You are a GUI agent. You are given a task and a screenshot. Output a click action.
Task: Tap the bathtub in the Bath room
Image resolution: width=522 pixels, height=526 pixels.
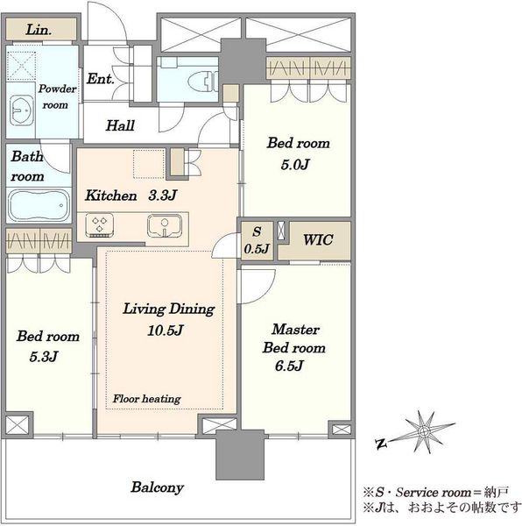coord(39,205)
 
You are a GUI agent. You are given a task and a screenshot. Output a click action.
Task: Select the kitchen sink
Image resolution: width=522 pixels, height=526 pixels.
coord(165,225)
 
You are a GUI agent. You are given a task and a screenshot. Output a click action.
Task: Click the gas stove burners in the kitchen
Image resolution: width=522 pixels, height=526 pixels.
coord(99,224)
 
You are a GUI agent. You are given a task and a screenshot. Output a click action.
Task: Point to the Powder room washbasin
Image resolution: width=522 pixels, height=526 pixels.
coord(21,110)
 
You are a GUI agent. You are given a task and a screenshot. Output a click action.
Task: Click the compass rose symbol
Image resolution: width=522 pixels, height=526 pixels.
coord(424,430)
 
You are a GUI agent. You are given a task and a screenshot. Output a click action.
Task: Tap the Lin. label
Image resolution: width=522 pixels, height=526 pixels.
coord(39,30)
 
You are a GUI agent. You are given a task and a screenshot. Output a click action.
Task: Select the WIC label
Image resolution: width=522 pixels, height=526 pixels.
coord(318,240)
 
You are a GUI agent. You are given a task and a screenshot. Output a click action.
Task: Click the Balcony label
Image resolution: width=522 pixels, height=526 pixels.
coord(157,487)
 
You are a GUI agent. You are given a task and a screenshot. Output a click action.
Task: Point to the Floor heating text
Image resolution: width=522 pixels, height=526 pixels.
coord(147,399)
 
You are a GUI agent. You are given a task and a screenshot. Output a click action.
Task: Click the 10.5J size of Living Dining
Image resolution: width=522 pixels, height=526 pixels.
coord(166,331)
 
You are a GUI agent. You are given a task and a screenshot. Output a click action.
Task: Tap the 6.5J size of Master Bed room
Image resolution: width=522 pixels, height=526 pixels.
coord(289,366)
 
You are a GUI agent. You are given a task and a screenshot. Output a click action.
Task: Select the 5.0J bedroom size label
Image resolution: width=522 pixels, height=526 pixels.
coord(295,165)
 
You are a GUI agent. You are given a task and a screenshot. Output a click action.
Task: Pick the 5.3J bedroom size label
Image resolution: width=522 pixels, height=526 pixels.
coord(44,356)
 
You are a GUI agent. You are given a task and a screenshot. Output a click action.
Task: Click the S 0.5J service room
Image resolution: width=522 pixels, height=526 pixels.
coord(257,240)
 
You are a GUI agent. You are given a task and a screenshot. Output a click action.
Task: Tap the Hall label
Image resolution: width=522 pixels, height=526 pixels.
coord(120,125)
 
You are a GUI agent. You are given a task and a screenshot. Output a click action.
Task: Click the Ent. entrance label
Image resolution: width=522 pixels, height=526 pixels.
coord(100,79)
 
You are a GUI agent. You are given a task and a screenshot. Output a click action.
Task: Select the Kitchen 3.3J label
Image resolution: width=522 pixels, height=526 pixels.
coord(130,195)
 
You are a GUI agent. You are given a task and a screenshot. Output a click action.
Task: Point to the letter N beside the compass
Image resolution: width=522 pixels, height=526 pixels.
coord(381,444)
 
